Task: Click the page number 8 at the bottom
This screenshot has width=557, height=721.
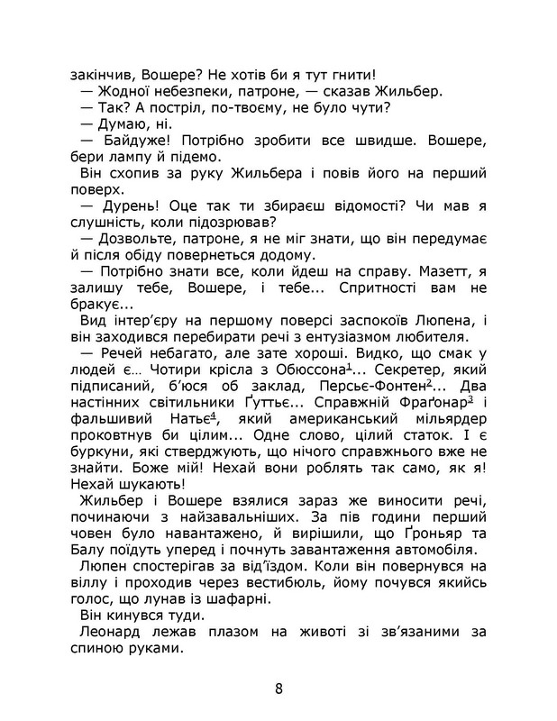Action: tap(278, 690)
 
